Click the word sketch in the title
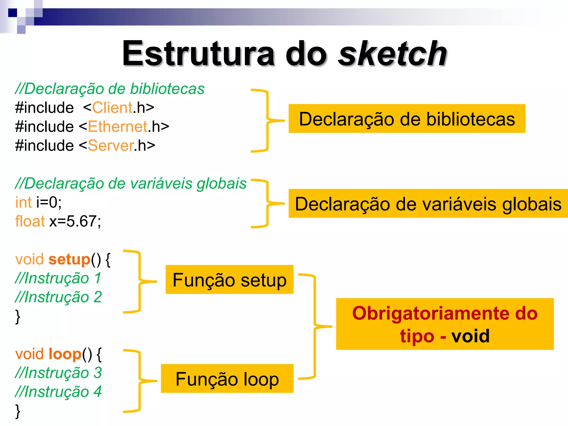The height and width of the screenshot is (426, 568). pos(392,53)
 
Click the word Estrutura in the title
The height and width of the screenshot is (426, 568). pos(198,53)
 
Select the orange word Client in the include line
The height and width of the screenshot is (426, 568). pos(112,108)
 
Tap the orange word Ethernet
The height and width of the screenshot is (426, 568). pos(118,127)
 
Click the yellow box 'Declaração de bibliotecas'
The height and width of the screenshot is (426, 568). pos(407,119)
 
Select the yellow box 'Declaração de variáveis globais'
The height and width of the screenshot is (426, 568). pos(428,204)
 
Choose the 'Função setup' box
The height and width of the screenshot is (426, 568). pos(229,280)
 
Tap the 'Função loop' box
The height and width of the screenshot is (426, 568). pos(227,379)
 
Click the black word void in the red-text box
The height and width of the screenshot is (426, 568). pos(470,336)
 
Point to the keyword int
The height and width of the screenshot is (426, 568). pos(24,202)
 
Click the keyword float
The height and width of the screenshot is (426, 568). pos(30,221)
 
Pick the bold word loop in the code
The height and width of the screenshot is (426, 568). pos(65,354)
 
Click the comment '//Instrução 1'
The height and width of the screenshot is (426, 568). pos(58,278)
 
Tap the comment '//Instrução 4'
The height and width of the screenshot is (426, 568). pos(58,392)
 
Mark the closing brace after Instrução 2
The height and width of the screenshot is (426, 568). pos(18,316)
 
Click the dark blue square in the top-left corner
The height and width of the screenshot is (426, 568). pos(12,13)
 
